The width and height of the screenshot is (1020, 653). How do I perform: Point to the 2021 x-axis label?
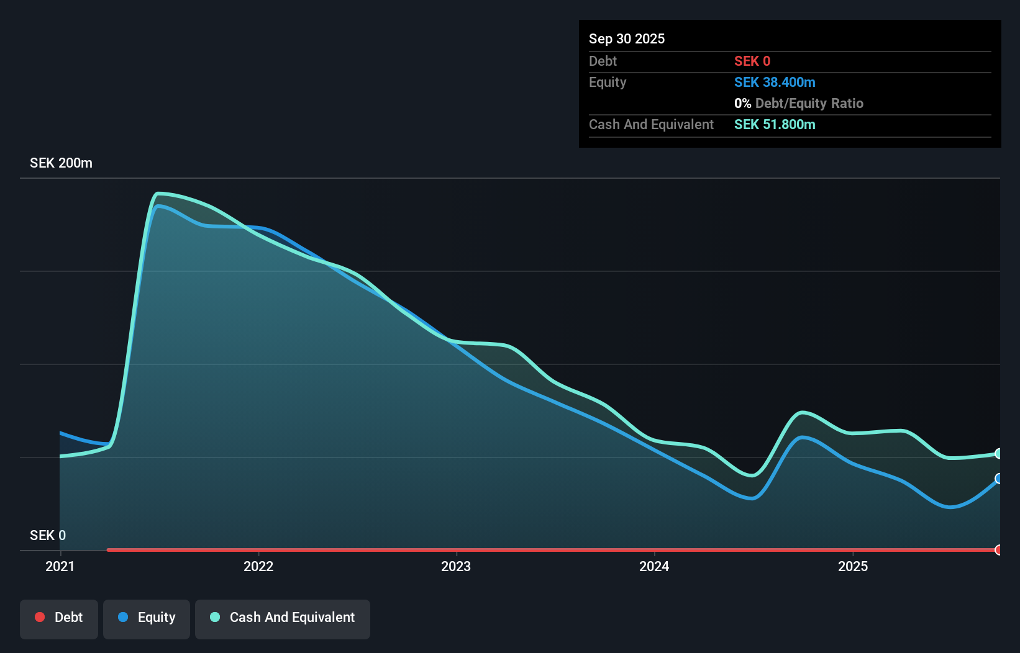[x=60, y=566]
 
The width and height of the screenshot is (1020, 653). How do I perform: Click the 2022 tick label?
[x=258, y=566]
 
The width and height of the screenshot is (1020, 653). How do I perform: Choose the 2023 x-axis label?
[x=456, y=566]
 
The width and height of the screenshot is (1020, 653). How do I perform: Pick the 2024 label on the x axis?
[x=654, y=566]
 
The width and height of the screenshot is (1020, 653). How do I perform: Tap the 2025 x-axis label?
[x=853, y=566]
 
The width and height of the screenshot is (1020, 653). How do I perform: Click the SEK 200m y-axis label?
[x=61, y=163]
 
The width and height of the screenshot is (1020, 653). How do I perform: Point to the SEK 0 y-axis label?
[x=48, y=535]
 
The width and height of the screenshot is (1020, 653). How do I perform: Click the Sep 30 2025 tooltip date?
[x=627, y=38]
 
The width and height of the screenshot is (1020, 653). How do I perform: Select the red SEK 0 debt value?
[x=752, y=61]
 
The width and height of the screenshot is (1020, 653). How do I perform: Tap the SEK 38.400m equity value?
[x=775, y=82]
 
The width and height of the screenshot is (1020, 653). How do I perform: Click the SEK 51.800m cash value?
[x=775, y=124]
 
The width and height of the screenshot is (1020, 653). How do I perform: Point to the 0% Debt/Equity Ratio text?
[x=799, y=103]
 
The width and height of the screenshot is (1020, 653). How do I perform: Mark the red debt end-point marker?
[x=998, y=550]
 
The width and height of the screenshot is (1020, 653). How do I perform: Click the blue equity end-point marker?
[x=998, y=479]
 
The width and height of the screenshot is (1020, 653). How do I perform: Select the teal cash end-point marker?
[x=998, y=454]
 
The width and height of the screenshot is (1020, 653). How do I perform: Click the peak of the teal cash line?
[x=159, y=194]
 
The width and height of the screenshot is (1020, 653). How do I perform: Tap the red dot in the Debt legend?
[x=40, y=617]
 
